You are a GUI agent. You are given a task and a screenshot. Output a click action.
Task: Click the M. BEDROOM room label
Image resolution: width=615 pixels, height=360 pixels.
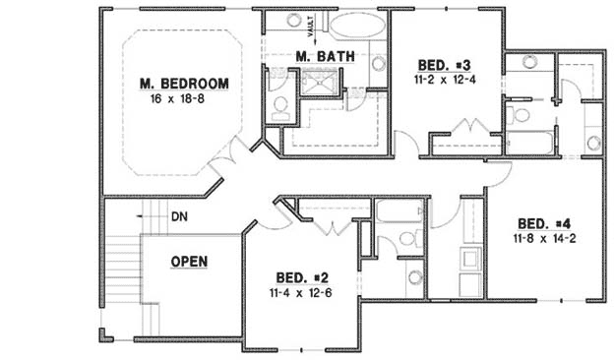[184, 83]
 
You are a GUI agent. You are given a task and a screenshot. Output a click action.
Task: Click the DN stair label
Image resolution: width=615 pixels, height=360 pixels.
[179, 215]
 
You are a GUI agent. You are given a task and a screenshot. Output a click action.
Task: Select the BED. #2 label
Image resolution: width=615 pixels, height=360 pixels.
[299, 278]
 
